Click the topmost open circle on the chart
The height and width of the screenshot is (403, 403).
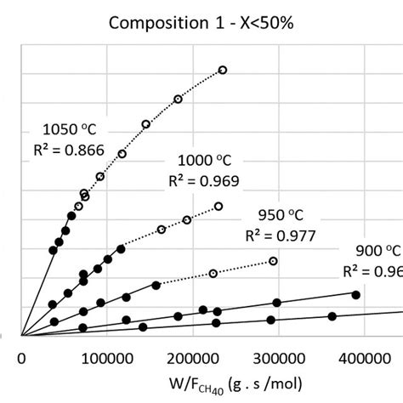(223, 70)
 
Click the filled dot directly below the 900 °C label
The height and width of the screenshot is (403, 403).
(356, 295)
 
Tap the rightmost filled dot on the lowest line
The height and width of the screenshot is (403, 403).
(332, 316)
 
